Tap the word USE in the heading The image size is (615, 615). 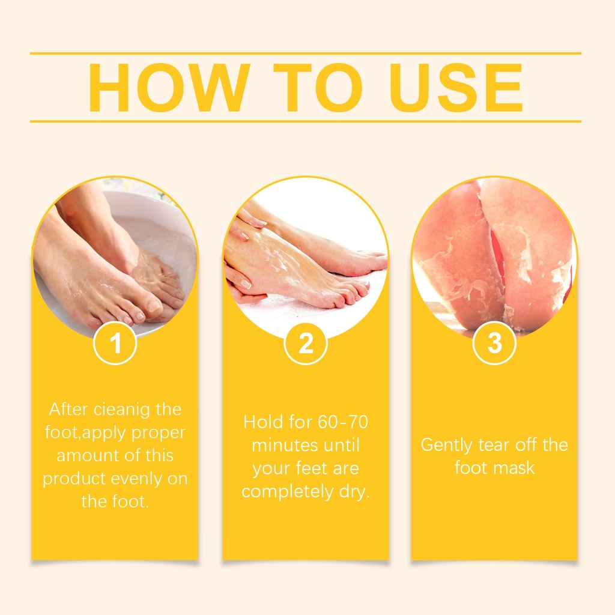(456, 88)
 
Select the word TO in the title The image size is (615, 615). (318, 88)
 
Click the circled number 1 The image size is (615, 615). (115, 343)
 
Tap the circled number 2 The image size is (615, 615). (306, 343)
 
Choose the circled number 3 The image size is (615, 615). (494, 343)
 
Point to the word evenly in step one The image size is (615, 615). (136, 479)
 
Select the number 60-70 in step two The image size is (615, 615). (343, 422)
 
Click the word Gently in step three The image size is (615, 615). (446, 446)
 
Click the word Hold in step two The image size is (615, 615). (263, 422)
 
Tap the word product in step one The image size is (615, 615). (74, 479)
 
